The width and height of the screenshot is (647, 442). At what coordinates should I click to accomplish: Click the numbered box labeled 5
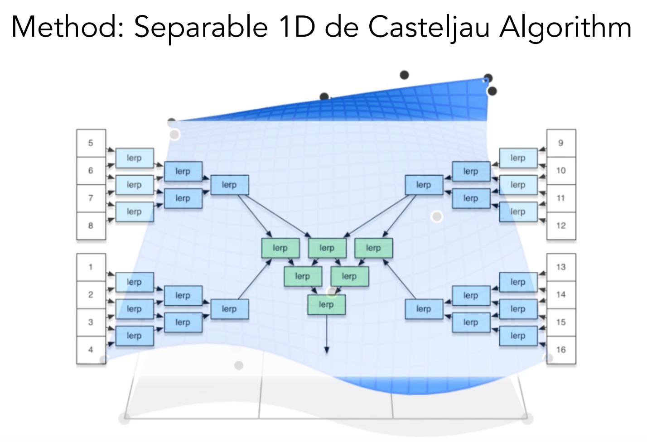tap(91, 143)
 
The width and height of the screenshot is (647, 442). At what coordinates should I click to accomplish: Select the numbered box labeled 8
tap(91, 226)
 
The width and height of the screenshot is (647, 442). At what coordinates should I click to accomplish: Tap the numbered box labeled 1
tap(91, 267)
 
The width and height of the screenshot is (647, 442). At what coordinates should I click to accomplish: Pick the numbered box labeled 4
tap(91, 350)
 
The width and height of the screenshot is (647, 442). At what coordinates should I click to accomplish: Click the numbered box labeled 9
tap(561, 143)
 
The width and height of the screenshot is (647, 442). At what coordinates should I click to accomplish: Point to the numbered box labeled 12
tap(561, 226)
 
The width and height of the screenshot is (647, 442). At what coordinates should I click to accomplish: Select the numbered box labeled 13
tap(561, 267)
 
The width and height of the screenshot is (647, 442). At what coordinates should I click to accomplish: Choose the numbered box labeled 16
tap(561, 350)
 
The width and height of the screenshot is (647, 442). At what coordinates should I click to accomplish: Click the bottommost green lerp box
tap(326, 304)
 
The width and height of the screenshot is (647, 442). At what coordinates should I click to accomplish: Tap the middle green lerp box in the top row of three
tap(327, 248)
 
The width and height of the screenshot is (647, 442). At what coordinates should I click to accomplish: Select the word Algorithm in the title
tap(565, 28)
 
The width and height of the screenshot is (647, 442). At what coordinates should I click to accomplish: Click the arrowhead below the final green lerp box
tap(327, 350)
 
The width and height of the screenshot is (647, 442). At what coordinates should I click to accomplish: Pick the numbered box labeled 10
tap(561, 171)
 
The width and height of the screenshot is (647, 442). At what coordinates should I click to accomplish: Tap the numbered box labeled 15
tap(561, 322)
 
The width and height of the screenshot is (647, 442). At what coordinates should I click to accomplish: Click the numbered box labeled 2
tap(91, 295)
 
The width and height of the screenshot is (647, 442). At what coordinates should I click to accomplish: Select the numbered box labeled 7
tap(91, 198)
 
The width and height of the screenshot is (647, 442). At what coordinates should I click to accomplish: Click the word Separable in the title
tap(201, 28)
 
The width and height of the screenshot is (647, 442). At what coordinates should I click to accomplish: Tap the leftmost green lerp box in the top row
tap(280, 248)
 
